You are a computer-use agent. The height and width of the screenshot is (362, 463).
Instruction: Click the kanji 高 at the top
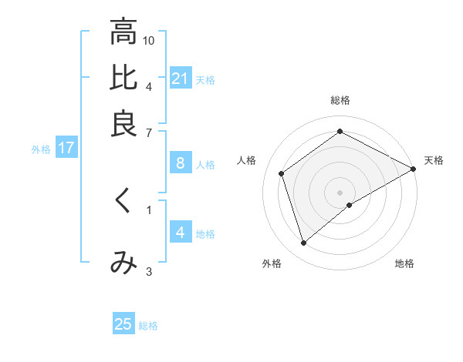point(123,33)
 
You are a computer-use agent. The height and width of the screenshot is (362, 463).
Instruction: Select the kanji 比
point(123,78)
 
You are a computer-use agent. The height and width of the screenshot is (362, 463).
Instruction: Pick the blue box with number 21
point(181,79)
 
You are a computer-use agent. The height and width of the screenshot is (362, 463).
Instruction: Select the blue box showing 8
point(181,163)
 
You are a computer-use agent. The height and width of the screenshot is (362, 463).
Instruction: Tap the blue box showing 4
point(180,233)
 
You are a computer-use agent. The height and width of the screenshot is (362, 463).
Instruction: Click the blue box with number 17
point(66,149)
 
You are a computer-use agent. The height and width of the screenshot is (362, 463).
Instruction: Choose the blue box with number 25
point(123,324)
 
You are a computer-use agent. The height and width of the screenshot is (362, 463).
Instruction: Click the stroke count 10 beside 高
point(149,40)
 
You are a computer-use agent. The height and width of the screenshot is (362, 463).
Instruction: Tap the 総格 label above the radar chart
point(340,100)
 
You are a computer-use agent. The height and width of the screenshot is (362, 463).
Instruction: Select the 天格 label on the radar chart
point(434,160)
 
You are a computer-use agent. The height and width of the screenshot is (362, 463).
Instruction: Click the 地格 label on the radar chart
point(404,263)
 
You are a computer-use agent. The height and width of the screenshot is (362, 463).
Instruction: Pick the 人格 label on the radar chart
point(247,160)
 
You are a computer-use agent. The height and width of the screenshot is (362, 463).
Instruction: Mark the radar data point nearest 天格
point(414,169)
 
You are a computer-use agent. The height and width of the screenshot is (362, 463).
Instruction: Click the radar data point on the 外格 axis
point(303,243)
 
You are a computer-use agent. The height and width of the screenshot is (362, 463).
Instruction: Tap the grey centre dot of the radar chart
point(340,192)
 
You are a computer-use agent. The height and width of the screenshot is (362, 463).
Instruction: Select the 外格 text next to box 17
point(41,149)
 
